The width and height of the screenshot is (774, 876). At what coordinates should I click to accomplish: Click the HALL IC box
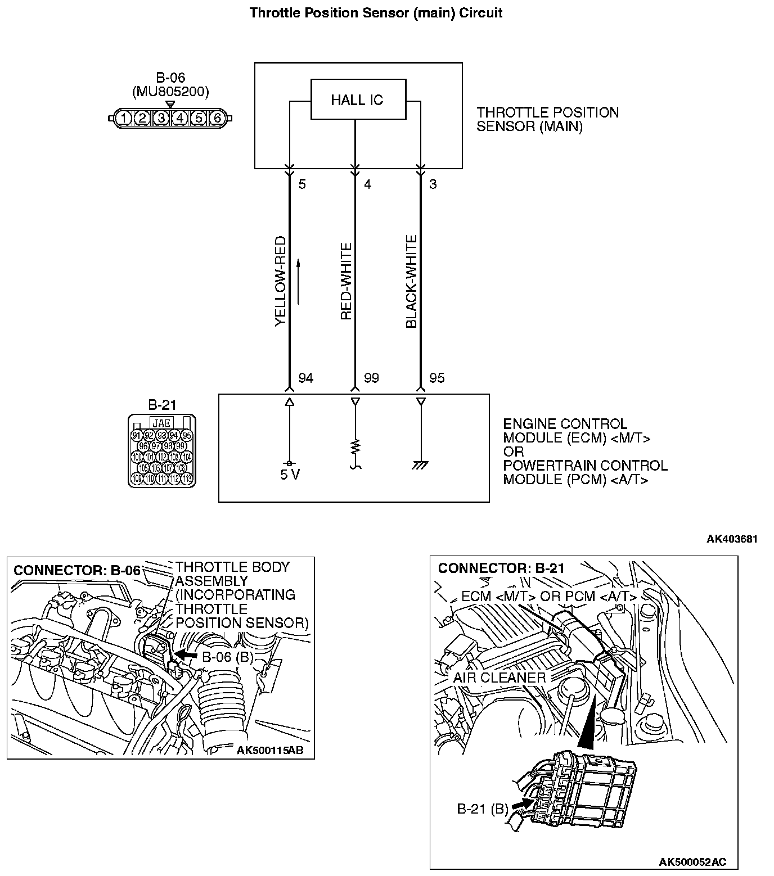[358, 100]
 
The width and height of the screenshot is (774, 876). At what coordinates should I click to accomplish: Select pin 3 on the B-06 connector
[161, 118]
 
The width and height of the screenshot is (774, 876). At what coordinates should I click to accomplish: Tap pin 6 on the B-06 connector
[217, 118]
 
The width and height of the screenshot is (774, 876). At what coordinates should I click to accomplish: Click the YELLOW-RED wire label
[281, 282]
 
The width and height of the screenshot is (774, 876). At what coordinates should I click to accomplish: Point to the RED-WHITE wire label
[346, 282]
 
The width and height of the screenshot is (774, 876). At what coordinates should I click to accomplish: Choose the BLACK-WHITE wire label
[412, 282]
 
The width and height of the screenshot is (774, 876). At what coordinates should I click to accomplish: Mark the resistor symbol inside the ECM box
[355, 448]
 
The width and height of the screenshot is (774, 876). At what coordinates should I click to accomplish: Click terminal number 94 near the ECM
[305, 378]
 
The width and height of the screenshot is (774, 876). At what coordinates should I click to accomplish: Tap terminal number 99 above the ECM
[371, 378]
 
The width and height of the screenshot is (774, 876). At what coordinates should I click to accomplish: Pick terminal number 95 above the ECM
[436, 378]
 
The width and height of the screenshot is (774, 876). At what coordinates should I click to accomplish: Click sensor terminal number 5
[302, 184]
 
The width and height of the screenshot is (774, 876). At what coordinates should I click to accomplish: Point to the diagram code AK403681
[732, 539]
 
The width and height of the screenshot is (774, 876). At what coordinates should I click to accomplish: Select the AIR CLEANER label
[499, 678]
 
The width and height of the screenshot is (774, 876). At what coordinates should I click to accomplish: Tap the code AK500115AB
[274, 750]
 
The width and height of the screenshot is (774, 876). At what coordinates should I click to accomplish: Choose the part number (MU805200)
[170, 92]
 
